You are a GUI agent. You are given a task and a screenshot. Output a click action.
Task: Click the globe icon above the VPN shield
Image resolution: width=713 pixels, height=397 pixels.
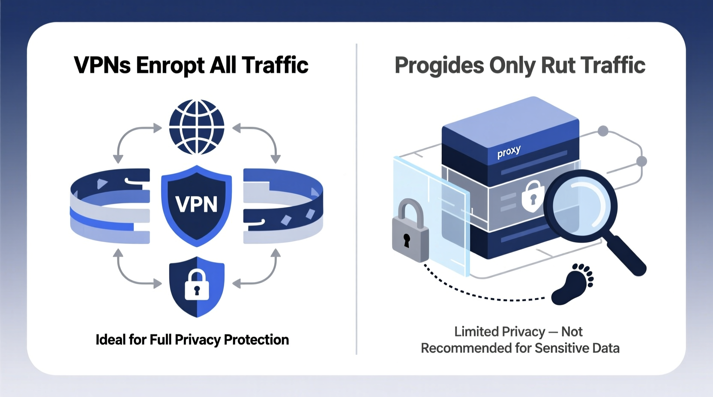coord(197,127)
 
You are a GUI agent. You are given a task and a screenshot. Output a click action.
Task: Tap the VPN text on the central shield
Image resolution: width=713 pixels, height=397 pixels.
coord(197,204)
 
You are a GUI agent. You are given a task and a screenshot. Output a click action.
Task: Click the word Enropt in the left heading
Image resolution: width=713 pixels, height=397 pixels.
coord(170,65)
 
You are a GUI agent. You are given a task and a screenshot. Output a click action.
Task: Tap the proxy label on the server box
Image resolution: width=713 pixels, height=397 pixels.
coord(509,152)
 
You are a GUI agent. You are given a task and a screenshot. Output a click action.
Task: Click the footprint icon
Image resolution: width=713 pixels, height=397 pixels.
coord(572,284)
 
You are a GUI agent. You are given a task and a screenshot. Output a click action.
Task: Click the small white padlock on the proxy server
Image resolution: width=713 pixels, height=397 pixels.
coord(531,196)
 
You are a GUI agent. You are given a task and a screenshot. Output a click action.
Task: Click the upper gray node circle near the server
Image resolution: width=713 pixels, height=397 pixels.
coord(603,131)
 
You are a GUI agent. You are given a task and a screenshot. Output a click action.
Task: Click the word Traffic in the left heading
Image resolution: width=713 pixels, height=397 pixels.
coord(275,65)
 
